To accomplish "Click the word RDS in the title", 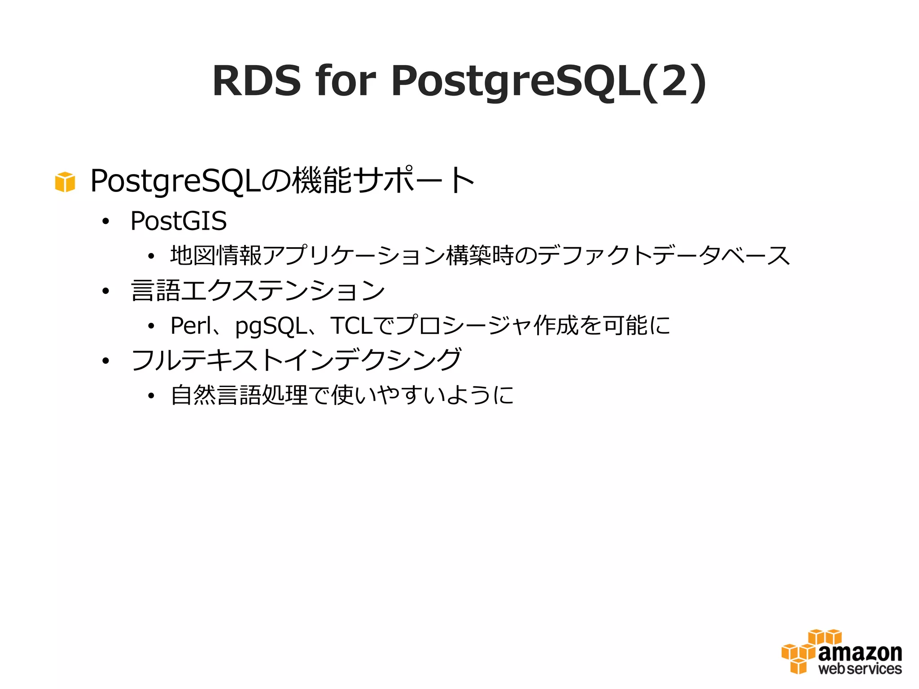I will pyautogui.click(x=256, y=81).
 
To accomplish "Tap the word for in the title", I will pyautogui.click(x=346, y=81).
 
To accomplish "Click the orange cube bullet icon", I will pyautogui.click(x=65, y=182).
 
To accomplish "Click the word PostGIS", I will pyautogui.click(x=179, y=221).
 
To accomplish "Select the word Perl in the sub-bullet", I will pyautogui.click(x=190, y=325).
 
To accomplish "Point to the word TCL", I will pyautogui.click(x=352, y=325).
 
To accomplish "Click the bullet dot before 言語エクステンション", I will pyautogui.click(x=105, y=291).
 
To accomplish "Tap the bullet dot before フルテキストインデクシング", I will pyautogui.click(x=105, y=361).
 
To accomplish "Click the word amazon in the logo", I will pyautogui.click(x=860, y=653).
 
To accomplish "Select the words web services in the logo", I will pyautogui.click(x=860, y=669).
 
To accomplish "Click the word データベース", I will pyautogui.click(x=721, y=256).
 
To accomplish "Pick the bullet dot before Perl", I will pyautogui.click(x=151, y=326).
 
